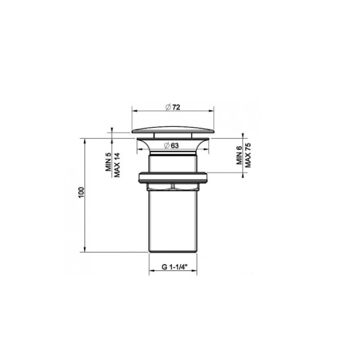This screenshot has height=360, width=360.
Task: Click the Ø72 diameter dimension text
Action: [x=173, y=107]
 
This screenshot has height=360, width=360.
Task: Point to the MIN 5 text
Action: [x=108, y=162]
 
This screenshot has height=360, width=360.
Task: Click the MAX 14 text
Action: [x=116, y=161]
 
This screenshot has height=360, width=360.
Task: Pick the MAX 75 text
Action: [x=247, y=154]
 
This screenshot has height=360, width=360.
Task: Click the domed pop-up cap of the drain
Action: [x=173, y=129]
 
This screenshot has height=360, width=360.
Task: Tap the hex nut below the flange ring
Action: [x=173, y=187]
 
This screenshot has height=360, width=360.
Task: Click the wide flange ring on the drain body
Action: [x=173, y=176]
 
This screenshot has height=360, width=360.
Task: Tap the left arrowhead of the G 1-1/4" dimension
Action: [x=151, y=272]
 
